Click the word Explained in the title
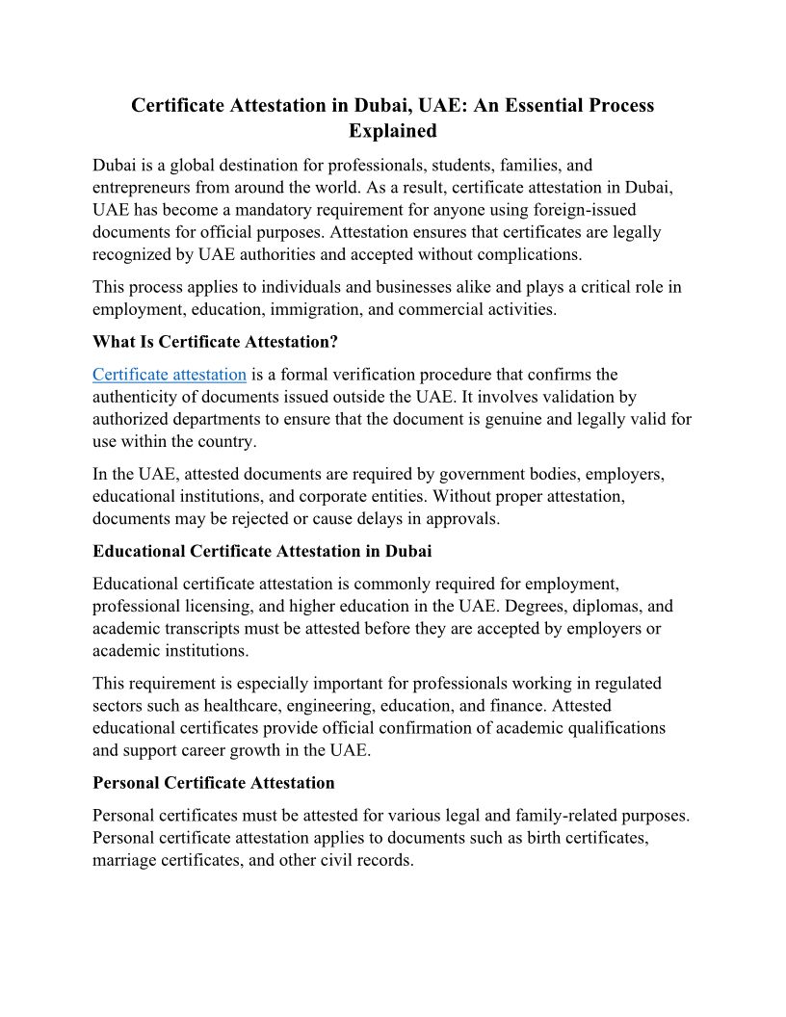[x=392, y=130]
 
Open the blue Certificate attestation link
[x=170, y=374]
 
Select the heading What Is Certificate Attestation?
[x=216, y=341]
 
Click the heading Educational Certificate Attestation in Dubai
[x=262, y=551]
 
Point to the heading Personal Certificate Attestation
[x=214, y=782]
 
